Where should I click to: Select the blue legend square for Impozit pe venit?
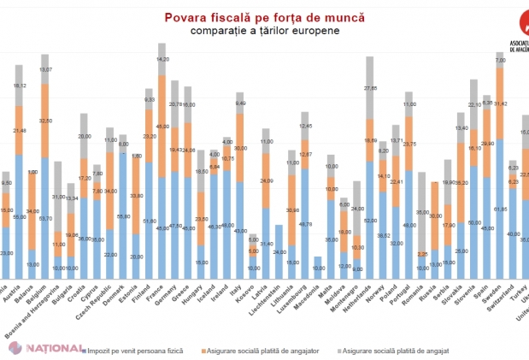click(84, 350)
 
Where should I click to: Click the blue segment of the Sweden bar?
click(500, 214)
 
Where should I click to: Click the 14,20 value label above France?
click(162, 59)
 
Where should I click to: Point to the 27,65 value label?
click(370, 88)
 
